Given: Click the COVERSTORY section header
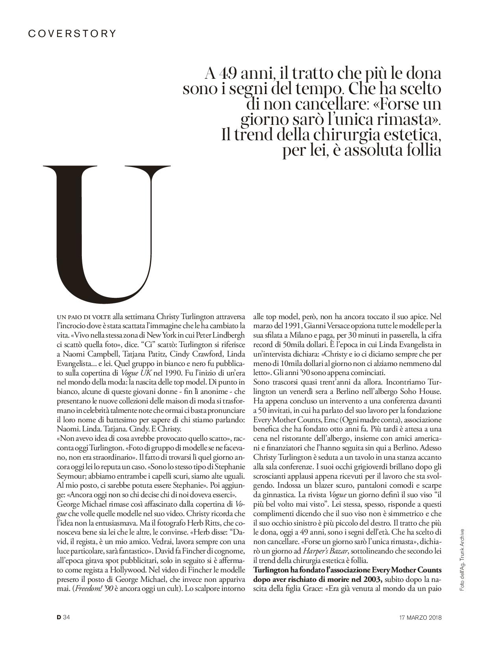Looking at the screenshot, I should coord(72,33).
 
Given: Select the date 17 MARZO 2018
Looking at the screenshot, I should coord(418,617).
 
